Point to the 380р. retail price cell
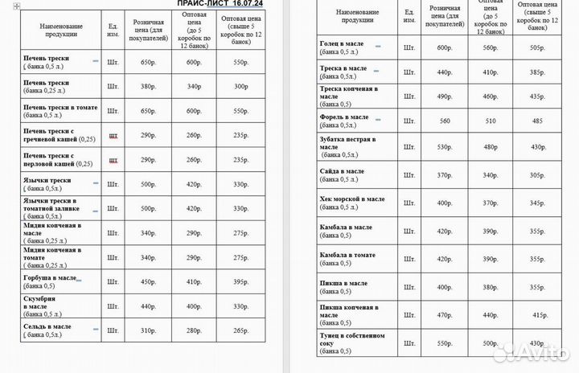(x=148, y=87)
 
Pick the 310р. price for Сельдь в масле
(x=148, y=330)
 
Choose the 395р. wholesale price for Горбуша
(x=240, y=281)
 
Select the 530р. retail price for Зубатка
(x=445, y=146)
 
